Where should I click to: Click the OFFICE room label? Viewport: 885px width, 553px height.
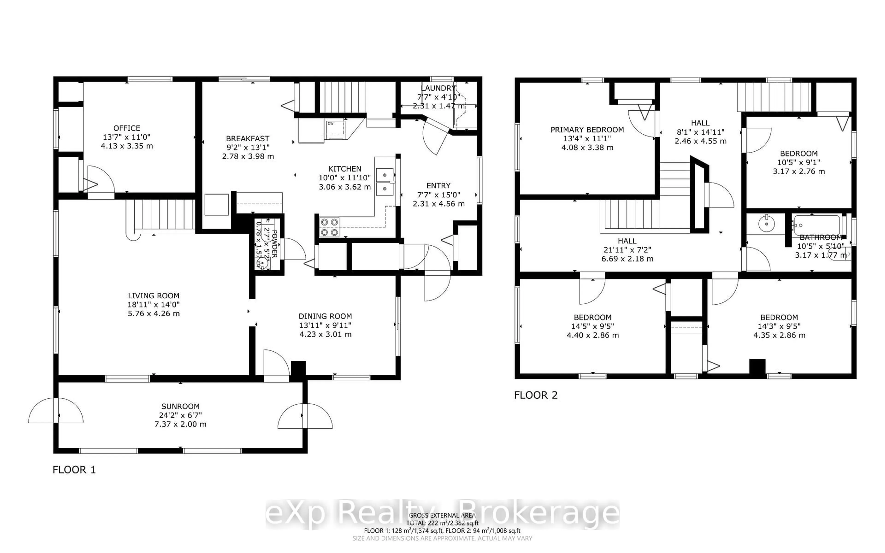pyautogui.click(x=127, y=128)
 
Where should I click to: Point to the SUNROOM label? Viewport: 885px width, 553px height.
pyautogui.click(x=180, y=406)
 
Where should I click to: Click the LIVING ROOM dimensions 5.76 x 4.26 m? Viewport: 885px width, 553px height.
pyautogui.click(x=153, y=313)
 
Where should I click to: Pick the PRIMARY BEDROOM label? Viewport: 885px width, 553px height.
pyautogui.click(x=587, y=130)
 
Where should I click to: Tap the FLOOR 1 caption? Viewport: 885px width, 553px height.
pyautogui.click(x=74, y=470)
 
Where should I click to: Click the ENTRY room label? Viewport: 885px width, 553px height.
pyautogui.click(x=438, y=186)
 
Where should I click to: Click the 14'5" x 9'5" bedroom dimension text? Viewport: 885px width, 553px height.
pyautogui.click(x=593, y=326)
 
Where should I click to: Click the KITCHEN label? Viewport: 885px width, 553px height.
pyautogui.click(x=345, y=169)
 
